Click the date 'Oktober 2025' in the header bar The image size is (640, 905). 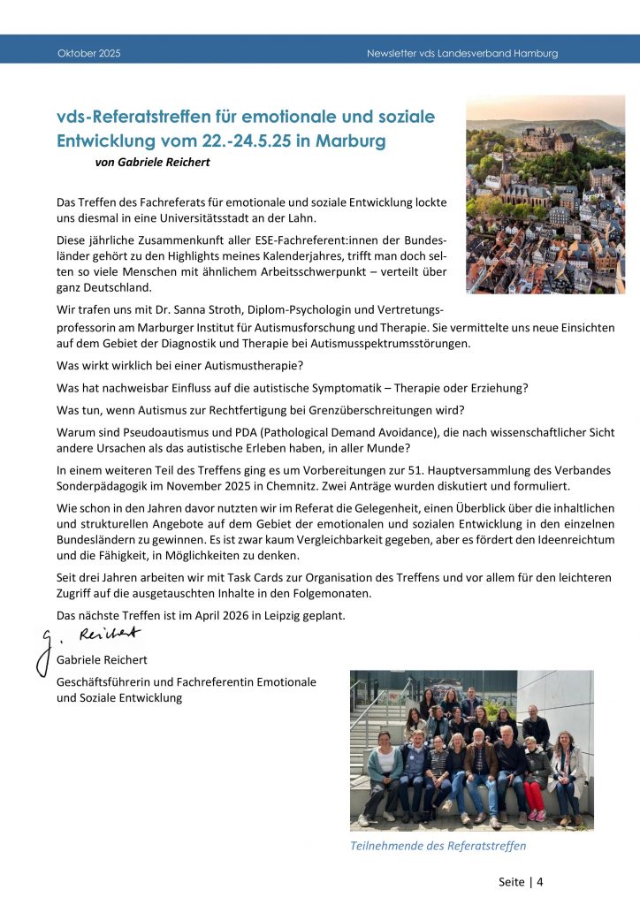click(x=88, y=54)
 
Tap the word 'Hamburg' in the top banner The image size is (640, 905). click(x=533, y=54)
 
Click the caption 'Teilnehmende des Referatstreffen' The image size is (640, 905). click(x=438, y=846)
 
